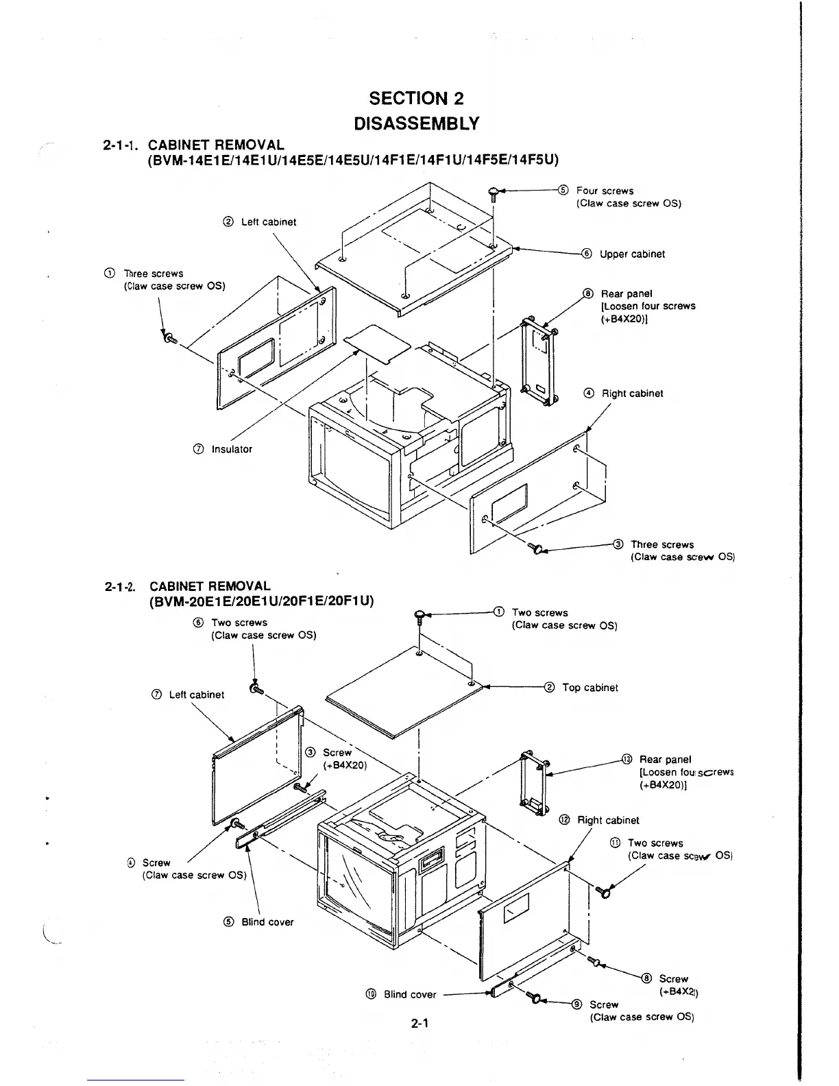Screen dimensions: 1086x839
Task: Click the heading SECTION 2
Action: [x=416, y=98]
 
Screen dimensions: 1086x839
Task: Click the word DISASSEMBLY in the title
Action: [x=416, y=123]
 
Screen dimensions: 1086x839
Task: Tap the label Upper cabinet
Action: [x=632, y=254]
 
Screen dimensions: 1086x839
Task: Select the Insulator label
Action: [x=232, y=449]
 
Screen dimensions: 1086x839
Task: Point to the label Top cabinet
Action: [x=589, y=688]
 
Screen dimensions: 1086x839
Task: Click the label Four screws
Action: [x=605, y=191]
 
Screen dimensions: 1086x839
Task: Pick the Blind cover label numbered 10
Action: [x=409, y=995]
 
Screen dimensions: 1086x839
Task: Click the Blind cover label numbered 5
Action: [x=267, y=922]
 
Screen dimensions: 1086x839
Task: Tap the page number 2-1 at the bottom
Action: [x=419, y=1024]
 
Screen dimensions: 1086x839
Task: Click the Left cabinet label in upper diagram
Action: [x=269, y=222]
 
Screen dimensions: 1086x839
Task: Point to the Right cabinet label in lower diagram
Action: [x=607, y=821]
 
